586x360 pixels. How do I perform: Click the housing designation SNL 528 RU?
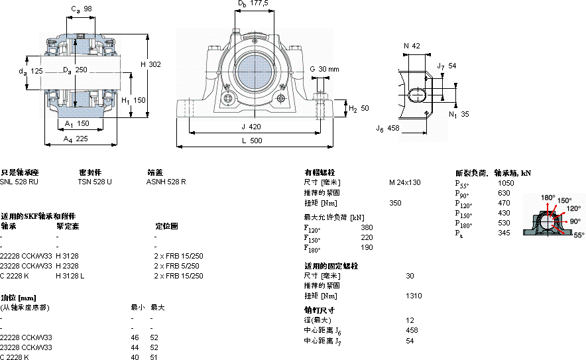19,182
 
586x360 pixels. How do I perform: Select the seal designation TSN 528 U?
95,182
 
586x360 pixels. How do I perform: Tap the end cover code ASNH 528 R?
166,182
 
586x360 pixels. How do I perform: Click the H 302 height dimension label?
150,64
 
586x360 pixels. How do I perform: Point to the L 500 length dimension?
251,141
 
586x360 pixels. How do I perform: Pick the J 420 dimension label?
251,125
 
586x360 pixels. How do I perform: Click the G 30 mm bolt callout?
324,69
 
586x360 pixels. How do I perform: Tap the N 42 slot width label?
412,46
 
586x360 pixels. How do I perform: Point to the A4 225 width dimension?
76,139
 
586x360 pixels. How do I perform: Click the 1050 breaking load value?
506,182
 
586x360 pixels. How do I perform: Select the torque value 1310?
414,296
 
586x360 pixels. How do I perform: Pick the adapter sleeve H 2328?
67,266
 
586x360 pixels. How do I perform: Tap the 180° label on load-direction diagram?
548,198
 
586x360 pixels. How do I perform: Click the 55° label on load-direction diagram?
579,235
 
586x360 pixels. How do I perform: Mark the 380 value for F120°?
367,227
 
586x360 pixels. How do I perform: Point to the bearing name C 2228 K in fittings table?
15,276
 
